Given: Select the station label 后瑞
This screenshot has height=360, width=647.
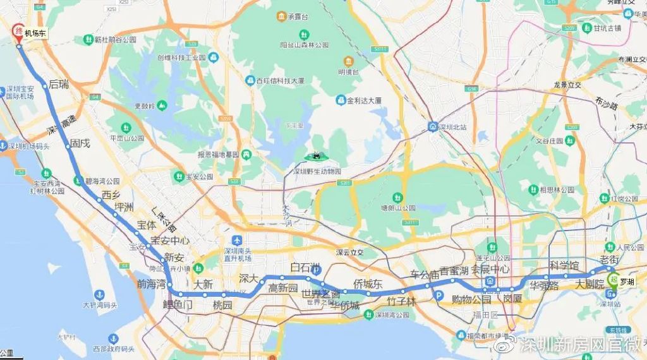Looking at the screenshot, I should [58, 84].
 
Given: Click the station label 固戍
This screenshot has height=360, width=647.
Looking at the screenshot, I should [80, 143].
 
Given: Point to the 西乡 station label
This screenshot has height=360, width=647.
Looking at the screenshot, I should [111, 195].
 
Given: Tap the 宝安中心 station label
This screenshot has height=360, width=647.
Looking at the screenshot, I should [171, 241].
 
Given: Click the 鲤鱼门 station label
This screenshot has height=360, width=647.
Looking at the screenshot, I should [178, 304].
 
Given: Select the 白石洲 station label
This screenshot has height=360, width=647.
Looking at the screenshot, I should [305, 267].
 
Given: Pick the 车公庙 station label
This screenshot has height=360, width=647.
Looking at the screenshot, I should [425, 274].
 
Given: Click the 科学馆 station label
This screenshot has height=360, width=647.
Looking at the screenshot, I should [564, 265].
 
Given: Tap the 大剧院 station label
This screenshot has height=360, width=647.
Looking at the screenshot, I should [589, 285].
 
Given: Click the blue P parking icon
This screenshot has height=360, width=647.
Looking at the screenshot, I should [435, 294].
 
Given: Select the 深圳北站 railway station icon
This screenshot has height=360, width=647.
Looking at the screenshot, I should [432, 126].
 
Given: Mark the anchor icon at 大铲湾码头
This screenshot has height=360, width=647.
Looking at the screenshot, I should [99, 295].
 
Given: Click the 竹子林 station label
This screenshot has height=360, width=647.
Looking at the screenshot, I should [402, 301].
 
